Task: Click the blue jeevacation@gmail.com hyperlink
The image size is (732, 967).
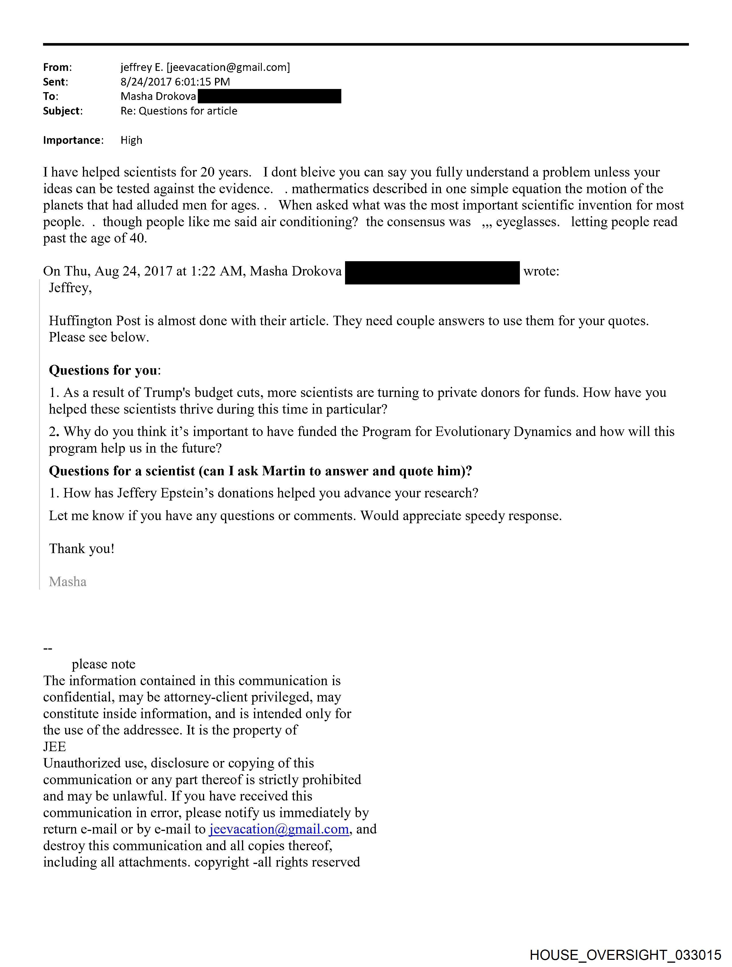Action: coord(279,829)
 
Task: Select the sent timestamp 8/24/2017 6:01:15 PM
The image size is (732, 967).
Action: coord(175,82)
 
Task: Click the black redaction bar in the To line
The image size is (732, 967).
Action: coord(269,96)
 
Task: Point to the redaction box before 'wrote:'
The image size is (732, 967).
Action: coord(432,273)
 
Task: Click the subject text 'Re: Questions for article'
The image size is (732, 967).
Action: coord(179,111)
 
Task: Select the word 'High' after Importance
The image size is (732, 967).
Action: coord(131,140)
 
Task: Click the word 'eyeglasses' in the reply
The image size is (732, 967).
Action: coord(527,222)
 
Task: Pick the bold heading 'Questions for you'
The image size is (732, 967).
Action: coord(103,370)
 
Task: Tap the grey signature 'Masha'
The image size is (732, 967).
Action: coord(68,582)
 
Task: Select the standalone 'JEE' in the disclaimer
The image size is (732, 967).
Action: coord(55,747)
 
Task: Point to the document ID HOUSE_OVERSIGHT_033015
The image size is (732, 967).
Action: coord(625,955)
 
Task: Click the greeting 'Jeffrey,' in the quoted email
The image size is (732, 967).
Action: coord(70,288)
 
